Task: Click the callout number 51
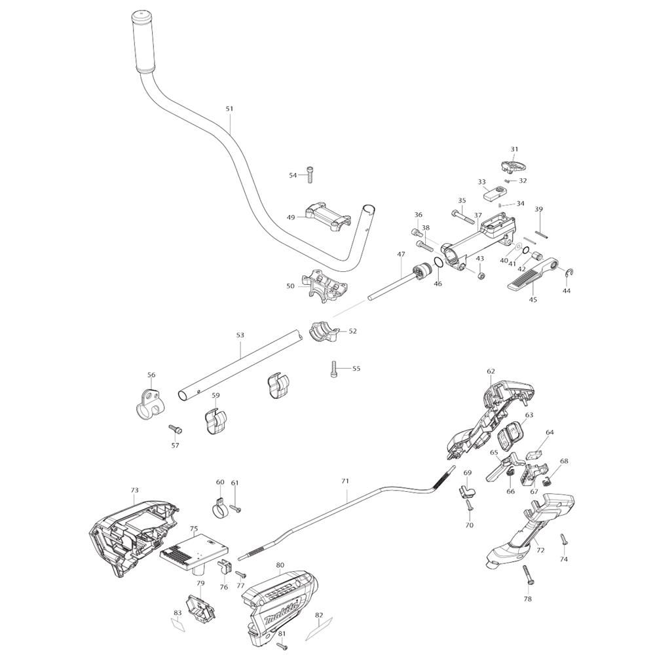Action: (229, 109)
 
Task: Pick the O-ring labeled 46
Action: (438, 265)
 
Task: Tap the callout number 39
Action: (539, 210)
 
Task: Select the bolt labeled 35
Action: (462, 215)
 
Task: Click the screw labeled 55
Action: (335, 369)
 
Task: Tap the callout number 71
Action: (345, 481)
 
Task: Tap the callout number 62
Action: (491, 371)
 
